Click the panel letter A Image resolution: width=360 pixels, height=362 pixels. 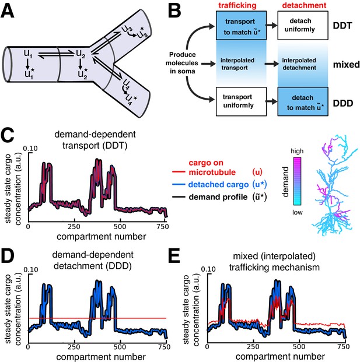8,11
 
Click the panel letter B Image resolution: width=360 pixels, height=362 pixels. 174,11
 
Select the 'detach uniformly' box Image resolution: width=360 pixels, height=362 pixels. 303,26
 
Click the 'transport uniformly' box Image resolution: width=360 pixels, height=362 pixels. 241,101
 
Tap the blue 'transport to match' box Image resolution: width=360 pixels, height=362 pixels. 241,26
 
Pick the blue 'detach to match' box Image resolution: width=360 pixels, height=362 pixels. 303,101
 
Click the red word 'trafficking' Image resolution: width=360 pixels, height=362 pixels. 237,5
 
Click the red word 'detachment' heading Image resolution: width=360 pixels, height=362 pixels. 305,5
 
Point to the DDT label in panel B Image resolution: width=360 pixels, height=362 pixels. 342,26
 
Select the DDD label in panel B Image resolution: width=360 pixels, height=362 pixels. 343,103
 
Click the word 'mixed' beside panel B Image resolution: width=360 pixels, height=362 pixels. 347,64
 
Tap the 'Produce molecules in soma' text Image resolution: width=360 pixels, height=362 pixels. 182,63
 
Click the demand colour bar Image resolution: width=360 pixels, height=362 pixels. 297,181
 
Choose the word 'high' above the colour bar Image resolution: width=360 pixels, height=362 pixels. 297,151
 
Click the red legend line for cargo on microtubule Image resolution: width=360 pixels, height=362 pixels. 179,171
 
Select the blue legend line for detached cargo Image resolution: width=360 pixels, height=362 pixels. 179,184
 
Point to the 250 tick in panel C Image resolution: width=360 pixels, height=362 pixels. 74,227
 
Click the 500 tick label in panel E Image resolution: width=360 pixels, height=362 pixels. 299,347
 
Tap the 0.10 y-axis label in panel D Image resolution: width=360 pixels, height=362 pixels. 31,270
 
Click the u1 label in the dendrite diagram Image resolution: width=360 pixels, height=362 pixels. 28,54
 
